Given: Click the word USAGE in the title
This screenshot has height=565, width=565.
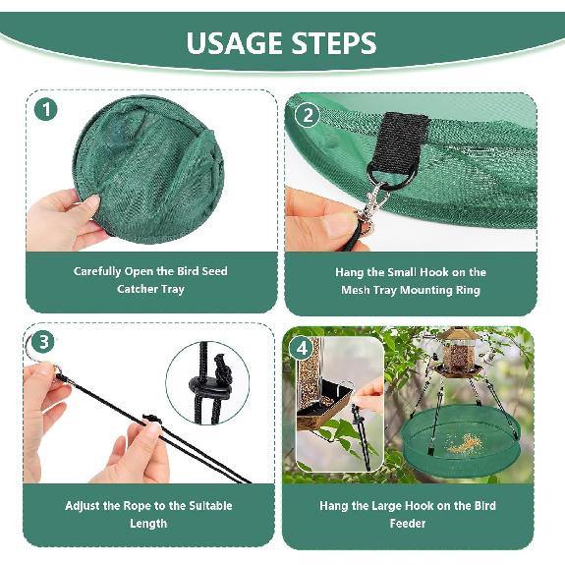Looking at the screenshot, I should [x=234, y=43].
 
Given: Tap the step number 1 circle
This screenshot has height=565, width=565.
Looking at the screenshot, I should [x=46, y=109].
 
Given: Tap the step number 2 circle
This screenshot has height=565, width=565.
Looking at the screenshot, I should [x=308, y=114].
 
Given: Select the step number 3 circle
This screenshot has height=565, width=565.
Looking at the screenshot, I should [x=42, y=342].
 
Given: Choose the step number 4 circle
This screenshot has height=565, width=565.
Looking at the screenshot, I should [x=302, y=349].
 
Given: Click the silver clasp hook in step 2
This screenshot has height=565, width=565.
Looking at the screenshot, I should [x=370, y=208].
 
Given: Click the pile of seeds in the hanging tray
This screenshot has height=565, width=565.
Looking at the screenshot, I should [x=461, y=444].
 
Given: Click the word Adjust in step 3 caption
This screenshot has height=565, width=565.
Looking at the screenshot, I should [x=85, y=505].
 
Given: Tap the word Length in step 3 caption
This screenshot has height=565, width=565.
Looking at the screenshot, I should [x=148, y=524].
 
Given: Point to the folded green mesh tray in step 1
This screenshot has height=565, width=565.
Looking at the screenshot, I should [x=147, y=172].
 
